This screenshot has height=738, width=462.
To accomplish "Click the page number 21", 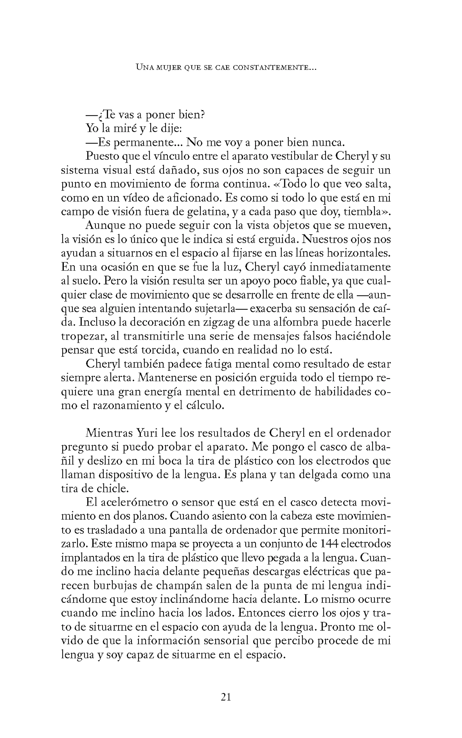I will [226, 697].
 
